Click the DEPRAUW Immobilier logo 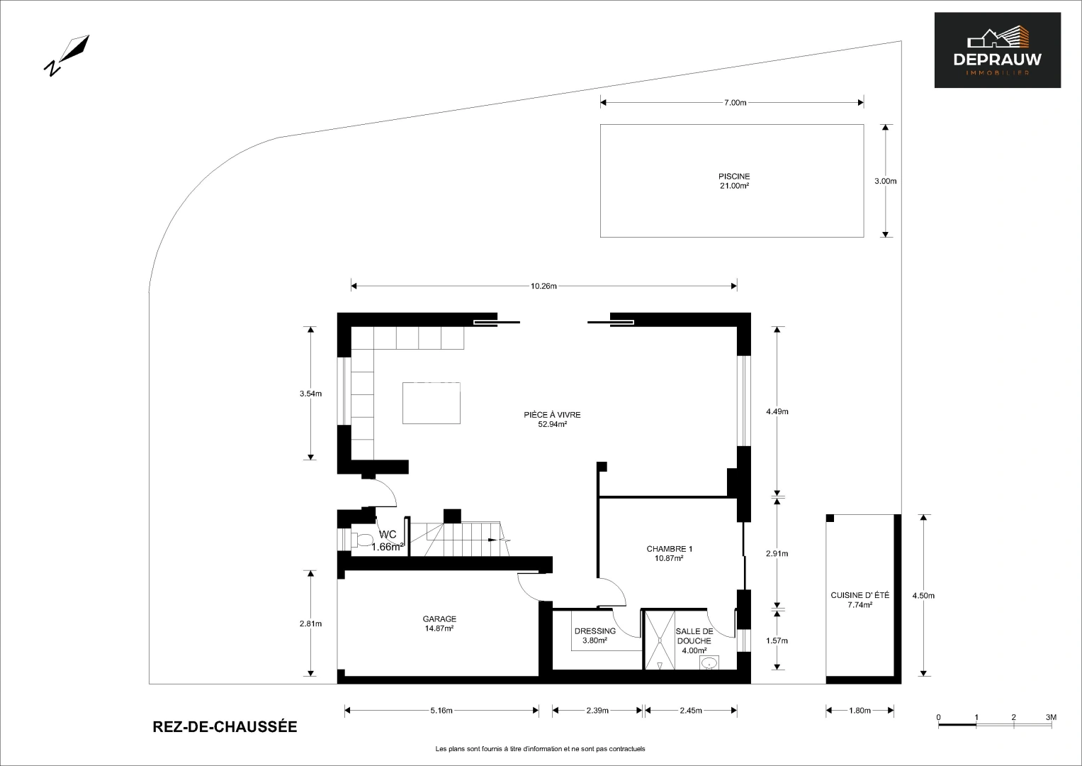[997, 50]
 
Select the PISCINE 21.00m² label [733, 181]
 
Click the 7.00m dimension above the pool [735, 103]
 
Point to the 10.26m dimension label [543, 287]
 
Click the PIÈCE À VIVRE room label [552, 419]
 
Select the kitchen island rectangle [432, 403]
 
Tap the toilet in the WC [363, 541]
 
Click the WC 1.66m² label [388, 540]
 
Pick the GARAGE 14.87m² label [439, 623]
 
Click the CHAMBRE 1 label [669, 553]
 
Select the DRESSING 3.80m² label [594, 635]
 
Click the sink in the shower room [709, 663]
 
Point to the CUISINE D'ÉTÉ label [860, 600]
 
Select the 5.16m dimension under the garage [441, 711]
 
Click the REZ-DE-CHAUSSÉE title [225, 727]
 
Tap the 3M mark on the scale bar [1051, 717]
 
